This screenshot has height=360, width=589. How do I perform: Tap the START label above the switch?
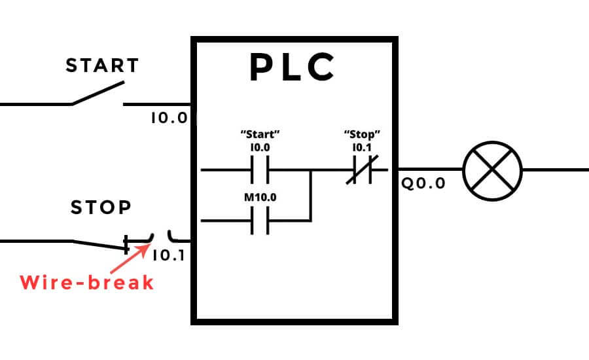103,66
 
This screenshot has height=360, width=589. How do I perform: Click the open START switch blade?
98,93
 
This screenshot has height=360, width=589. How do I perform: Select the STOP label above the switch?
101,208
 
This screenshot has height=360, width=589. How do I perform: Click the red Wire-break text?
86,283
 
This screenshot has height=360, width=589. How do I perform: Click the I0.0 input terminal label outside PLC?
169,118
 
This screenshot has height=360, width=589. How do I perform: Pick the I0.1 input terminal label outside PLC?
169,255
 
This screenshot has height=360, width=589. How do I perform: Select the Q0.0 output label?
423,183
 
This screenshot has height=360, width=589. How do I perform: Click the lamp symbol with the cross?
492,170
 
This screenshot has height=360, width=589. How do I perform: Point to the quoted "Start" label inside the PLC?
260,134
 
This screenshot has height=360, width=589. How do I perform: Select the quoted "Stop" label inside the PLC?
362,134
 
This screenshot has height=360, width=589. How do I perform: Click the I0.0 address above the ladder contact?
260,147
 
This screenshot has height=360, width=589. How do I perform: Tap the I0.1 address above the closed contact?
362,147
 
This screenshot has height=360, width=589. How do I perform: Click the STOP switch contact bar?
126,245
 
